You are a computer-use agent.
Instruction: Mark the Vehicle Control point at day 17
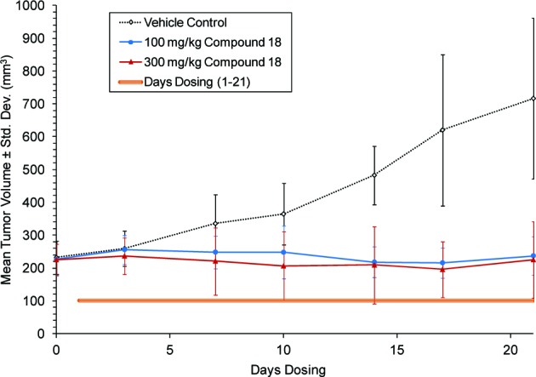(442, 130)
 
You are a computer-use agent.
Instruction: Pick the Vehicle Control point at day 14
(374, 175)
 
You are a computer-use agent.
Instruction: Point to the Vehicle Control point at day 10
(283, 214)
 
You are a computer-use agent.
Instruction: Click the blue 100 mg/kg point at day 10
(283, 252)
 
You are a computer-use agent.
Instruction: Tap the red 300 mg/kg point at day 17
(442, 270)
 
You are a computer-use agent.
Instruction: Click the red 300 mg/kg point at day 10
(283, 266)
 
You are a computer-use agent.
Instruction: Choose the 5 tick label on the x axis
(170, 348)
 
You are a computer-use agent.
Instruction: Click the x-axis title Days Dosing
(282, 368)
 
